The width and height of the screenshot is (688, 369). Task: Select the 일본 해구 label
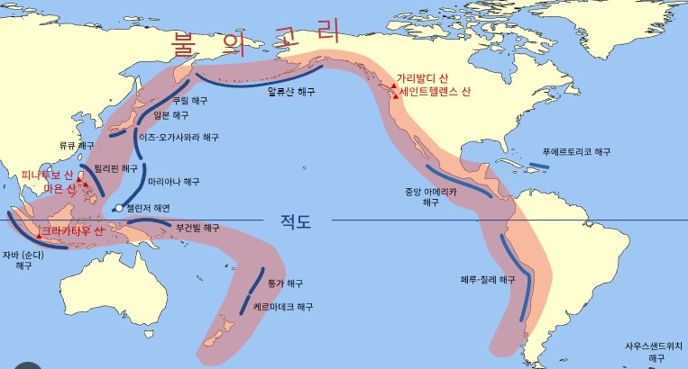click(172, 115)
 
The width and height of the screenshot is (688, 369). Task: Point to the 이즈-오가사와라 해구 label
click(179, 138)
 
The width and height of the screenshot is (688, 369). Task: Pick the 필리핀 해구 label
click(116, 168)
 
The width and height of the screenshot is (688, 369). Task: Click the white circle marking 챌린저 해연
click(118, 210)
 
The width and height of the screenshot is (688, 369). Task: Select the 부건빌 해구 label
click(197, 228)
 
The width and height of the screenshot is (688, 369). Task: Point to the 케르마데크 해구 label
click(283, 307)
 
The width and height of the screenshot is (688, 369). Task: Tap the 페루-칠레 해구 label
click(488, 280)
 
